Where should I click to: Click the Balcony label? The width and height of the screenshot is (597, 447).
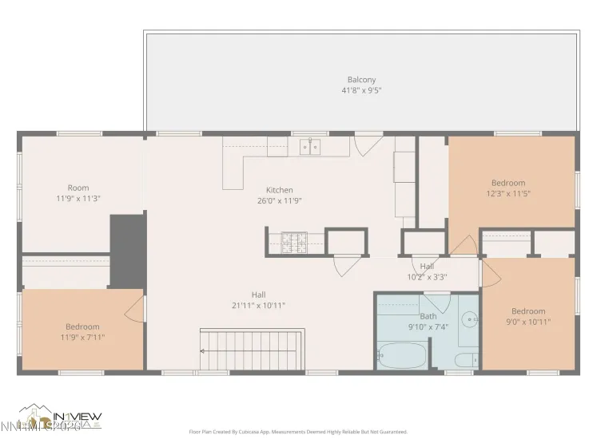pyautogui.click(x=361, y=80)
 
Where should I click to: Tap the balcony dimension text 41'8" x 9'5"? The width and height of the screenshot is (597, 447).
pyautogui.click(x=361, y=91)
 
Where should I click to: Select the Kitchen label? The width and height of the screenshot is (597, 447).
pyautogui.click(x=280, y=190)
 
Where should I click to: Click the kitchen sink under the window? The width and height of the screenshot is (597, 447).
pyautogui.click(x=310, y=146)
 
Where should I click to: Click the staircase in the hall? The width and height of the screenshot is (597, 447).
pyautogui.click(x=252, y=350)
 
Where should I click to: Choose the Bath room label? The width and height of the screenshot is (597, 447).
pyautogui.click(x=429, y=316)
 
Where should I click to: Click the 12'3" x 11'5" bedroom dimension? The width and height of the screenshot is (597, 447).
pyautogui.click(x=508, y=193)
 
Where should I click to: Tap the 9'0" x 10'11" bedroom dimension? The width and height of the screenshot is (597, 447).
pyautogui.click(x=528, y=322)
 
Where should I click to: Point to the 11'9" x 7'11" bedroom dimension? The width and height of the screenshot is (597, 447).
pyautogui.click(x=82, y=338)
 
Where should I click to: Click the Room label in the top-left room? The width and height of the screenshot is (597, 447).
pyautogui.click(x=78, y=188)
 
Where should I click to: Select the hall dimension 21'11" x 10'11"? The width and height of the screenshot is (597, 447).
pyautogui.click(x=258, y=305)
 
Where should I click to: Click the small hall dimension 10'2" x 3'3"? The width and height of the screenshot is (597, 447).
pyautogui.click(x=428, y=277)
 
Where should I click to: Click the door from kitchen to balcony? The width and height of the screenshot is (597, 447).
pyautogui.click(x=367, y=144)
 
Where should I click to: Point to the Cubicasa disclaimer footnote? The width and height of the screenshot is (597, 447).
pyautogui.click(x=298, y=432)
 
